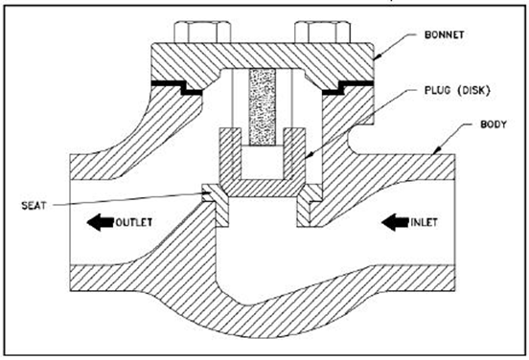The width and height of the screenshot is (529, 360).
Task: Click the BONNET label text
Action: [444, 34]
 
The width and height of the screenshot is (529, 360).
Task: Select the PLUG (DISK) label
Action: [457, 90]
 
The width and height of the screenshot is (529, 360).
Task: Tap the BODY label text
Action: [494, 124]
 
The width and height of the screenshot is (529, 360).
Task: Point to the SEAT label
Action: [34, 206]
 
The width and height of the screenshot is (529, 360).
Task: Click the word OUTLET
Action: [134, 222]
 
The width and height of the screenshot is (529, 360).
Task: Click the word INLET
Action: [425, 222]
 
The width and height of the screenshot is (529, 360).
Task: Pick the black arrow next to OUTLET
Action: [101, 222]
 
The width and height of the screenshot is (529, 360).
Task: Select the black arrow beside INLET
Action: [396, 222]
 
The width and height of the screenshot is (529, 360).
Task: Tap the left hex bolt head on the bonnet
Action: [202, 33]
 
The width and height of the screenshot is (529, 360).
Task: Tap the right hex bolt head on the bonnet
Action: [323, 33]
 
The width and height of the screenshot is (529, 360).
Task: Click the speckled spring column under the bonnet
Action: [263, 107]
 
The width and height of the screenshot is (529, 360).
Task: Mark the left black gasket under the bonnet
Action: [176, 87]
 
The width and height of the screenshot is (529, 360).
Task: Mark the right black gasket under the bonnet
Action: [348, 87]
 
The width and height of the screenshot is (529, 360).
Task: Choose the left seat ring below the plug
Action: [216, 205]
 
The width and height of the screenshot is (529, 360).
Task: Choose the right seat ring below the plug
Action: [310, 205]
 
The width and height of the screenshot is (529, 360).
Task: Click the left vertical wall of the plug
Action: [230, 156]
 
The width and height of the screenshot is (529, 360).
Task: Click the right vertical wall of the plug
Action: [294, 156]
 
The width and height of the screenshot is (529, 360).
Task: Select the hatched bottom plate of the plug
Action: [263, 188]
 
